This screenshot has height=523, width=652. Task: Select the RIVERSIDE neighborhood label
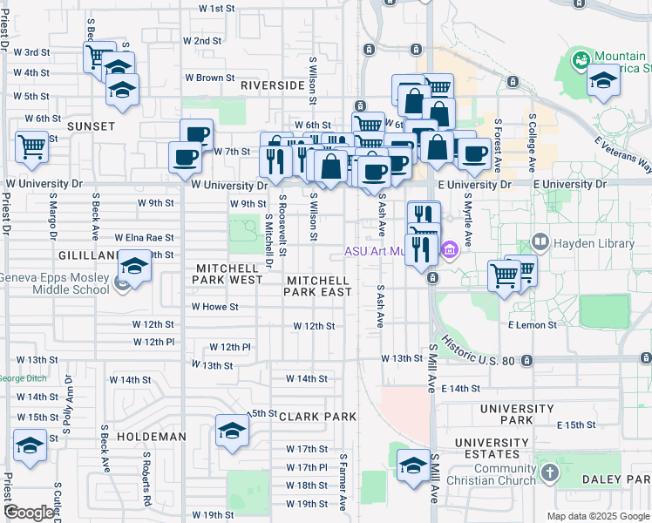[x=273, y=85]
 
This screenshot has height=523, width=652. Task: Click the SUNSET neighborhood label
[x=91, y=126]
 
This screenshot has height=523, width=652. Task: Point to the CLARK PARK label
[x=317, y=417]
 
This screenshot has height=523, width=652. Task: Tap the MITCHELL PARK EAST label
[x=318, y=286]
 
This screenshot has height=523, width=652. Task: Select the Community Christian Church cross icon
[x=549, y=473]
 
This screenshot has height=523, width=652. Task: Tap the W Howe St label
[x=214, y=307]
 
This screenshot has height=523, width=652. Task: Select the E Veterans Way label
[x=622, y=154]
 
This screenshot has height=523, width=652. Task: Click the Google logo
[x=29, y=513]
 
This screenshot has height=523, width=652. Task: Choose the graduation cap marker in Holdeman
[x=232, y=431]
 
